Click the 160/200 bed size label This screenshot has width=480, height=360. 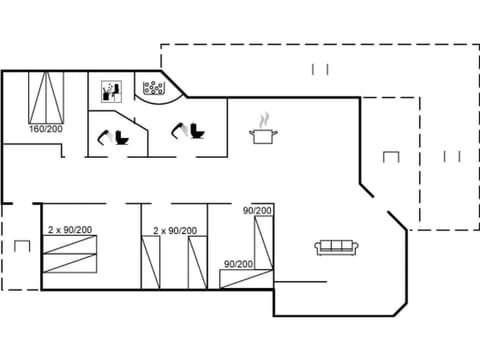[44, 130]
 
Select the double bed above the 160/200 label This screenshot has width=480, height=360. [44, 98]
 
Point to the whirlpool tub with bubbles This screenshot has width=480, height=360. [154, 89]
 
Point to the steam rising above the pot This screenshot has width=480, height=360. [264, 119]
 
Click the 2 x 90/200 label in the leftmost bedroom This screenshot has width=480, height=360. [70, 230]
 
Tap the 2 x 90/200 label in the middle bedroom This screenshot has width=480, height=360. [174, 231]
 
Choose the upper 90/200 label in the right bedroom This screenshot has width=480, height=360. [257, 211]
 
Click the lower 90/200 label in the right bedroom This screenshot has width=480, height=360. [238, 264]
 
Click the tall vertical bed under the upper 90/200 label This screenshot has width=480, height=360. [263, 246]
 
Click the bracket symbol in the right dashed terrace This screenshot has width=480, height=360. [391, 158]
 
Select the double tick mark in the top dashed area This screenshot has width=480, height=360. [320, 69]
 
